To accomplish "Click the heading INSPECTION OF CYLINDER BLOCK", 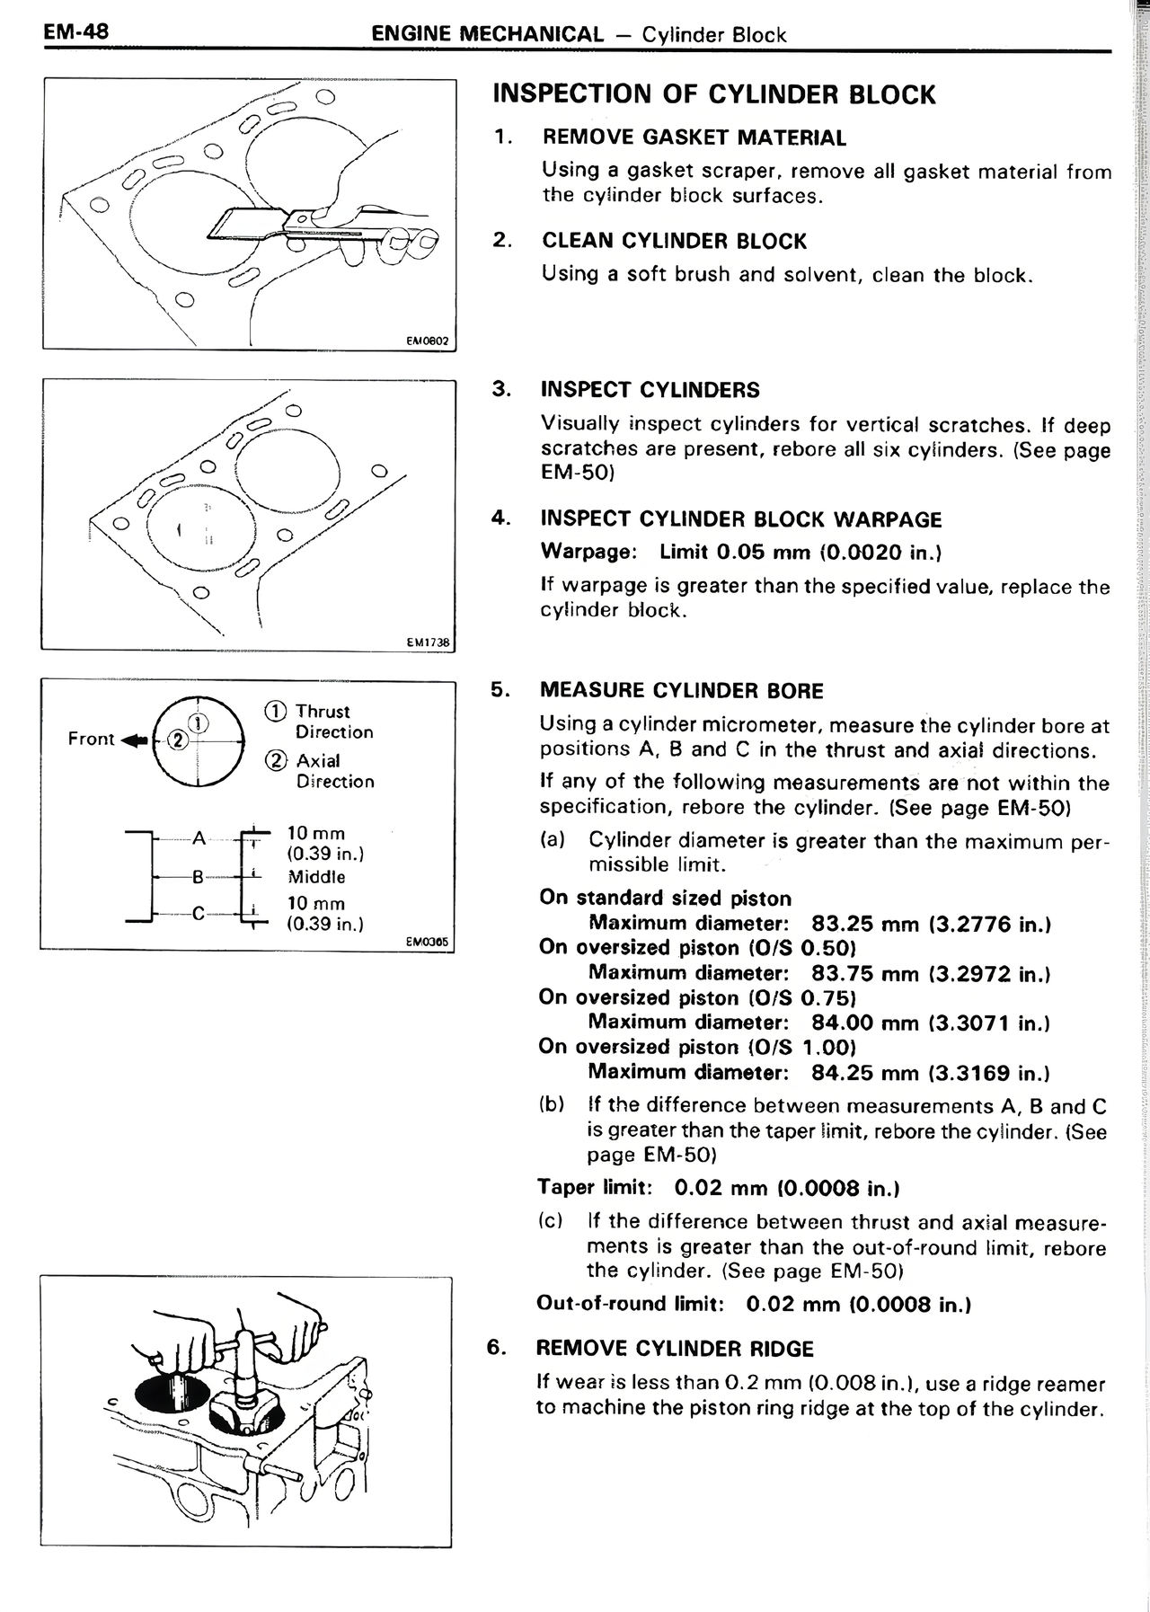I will (x=714, y=94).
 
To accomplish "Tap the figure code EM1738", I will (x=429, y=642).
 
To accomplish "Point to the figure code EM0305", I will (x=428, y=942).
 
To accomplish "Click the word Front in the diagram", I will (x=91, y=739).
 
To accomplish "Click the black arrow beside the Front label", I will (x=133, y=740).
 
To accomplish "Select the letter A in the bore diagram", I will (x=199, y=837).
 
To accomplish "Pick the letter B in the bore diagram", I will (x=198, y=877).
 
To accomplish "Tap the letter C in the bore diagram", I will (x=199, y=915).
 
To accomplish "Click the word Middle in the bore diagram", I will (x=316, y=877).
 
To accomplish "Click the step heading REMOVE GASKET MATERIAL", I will (x=694, y=137).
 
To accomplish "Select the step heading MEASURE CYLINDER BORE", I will (x=681, y=690).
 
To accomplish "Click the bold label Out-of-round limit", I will (x=630, y=1303).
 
